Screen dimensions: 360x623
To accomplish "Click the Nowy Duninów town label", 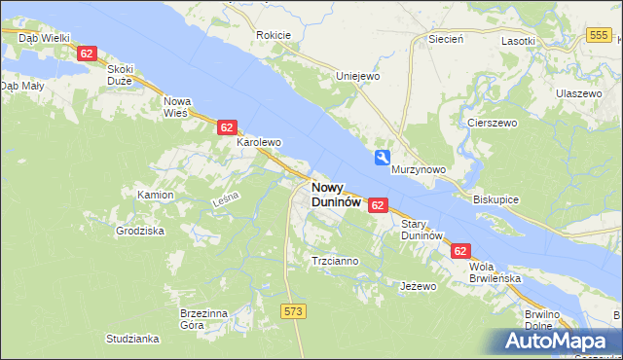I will pos(336,195).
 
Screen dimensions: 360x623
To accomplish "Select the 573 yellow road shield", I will pos(293,310).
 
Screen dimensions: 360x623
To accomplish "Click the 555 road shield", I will pos(599,35).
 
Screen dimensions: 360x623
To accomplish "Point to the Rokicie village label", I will pos(274,35).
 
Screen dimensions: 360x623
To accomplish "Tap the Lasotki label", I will pos(518,41).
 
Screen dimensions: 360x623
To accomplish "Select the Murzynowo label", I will pos(419,169).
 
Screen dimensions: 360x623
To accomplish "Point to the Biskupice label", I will pos(496,198).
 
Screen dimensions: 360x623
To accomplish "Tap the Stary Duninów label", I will pos(422,230).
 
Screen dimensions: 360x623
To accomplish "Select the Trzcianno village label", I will pos(334,261).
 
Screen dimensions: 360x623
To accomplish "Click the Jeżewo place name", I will pos(419,287).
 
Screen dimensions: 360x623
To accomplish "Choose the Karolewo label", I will pos(259,142).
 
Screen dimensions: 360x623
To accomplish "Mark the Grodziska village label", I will pos(140,232).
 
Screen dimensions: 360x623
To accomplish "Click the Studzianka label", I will pos(132,339).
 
